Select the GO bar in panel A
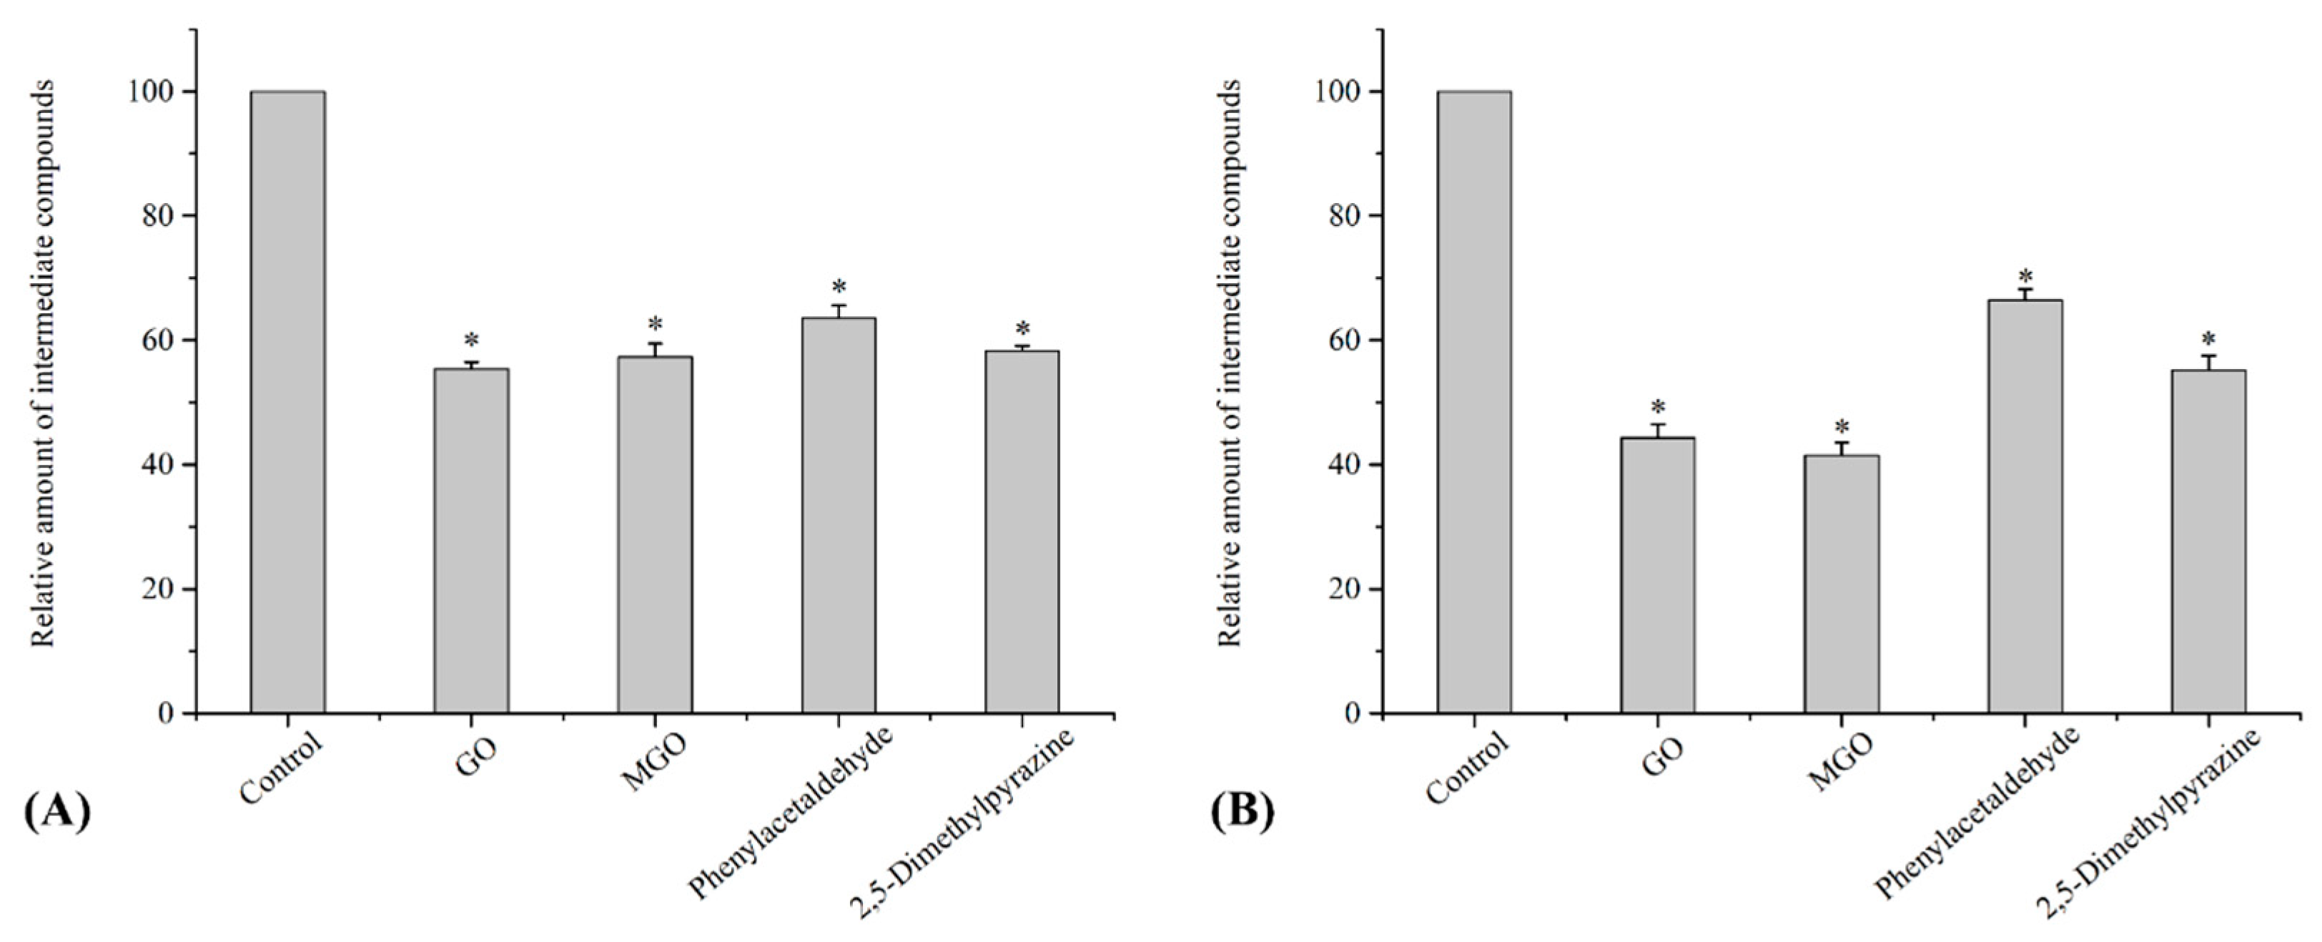point(471,541)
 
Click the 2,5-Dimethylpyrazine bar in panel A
point(1022,532)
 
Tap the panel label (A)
point(56,811)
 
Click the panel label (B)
point(1242,811)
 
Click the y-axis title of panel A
point(44,363)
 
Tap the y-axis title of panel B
point(1230,363)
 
